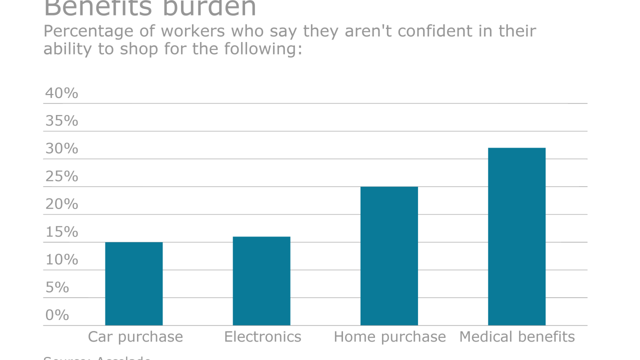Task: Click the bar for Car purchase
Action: click(133, 283)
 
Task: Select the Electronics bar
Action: click(261, 281)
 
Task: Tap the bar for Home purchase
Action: click(389, 256)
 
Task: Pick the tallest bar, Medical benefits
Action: click(516, 236)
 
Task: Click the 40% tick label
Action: click(61, 93)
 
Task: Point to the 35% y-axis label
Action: click(61, 121)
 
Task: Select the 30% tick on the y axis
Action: click(61, 148)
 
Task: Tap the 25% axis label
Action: click(61, 176)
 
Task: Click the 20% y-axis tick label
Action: click(61, 204)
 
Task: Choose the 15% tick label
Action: click(61, 232)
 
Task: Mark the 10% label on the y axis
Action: click(61, 259)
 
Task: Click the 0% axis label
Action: click(57, 315)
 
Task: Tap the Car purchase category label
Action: click(135, 337)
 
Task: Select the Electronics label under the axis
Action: click(262, 337)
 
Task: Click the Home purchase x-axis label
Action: click(389, 337)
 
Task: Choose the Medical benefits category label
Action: click(517, 337)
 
